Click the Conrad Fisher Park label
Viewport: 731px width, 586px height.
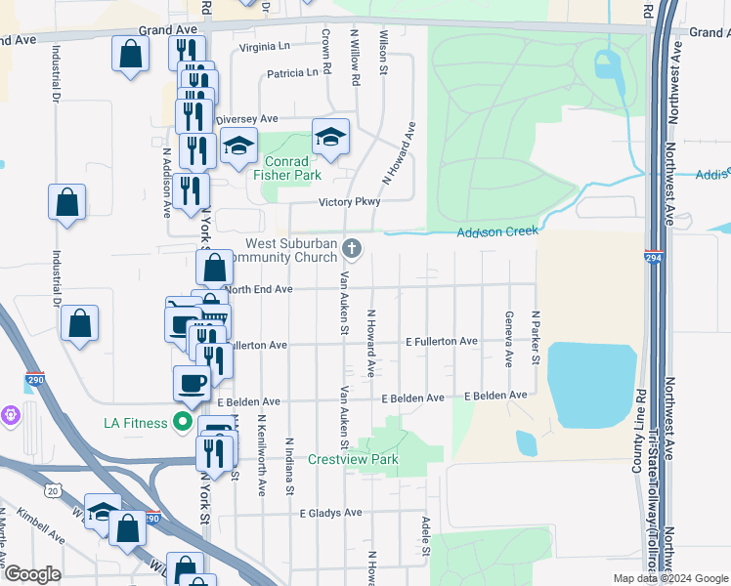[x=286, y=168]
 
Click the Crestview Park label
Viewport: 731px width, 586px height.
[x=353, y=459]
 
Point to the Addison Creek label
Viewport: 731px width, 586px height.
[x=497, y=231]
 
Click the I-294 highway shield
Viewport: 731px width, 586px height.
[x=653, y=257]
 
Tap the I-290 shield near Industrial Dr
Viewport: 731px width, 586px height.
[x=35, y=379]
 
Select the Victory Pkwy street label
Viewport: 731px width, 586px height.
[x=349, y=202]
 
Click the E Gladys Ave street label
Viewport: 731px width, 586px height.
[x=330, y=512]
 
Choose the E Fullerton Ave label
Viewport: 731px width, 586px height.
[x=442, y=341]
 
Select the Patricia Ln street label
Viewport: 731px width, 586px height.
[x=292, y=72]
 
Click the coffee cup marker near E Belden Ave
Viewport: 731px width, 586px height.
[x=192, y=382]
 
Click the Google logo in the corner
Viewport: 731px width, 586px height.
[x=32, y=574]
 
